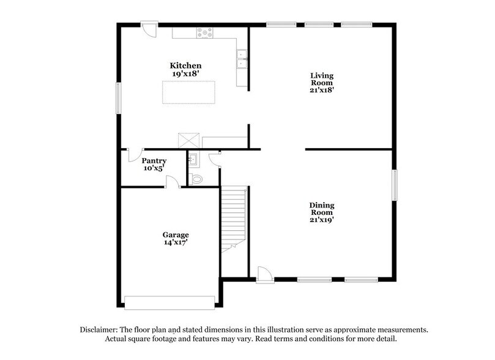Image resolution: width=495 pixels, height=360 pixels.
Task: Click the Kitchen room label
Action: (x=186, y=66)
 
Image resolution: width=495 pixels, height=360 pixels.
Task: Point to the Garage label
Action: (x=176, y=234)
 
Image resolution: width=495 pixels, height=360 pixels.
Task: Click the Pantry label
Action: (x=154, y=161)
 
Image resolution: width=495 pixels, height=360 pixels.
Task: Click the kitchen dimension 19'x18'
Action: (x=186, y=73)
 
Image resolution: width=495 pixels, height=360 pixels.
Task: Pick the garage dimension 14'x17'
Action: (x=176, y=242)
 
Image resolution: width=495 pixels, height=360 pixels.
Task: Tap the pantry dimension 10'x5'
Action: (x=154, y=169)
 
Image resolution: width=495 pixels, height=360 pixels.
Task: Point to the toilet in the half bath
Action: (x=196, y=179)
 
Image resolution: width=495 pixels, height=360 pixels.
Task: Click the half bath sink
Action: (x=192, y=159)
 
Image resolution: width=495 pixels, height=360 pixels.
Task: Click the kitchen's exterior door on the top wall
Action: (x=148, y=29)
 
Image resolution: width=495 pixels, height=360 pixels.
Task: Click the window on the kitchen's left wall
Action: (x=119, y=97)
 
